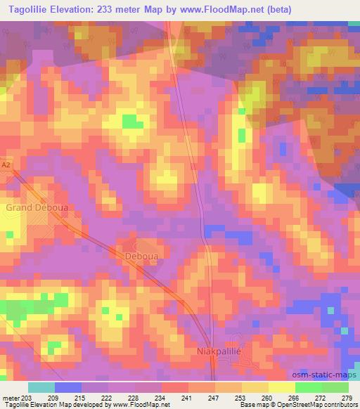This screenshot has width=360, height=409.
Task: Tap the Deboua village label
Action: pos(143,257)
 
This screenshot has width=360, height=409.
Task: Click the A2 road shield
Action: pos(6,164)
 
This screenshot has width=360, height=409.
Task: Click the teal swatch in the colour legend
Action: pos(41,387)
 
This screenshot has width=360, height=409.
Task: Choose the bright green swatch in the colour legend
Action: pos(308,387)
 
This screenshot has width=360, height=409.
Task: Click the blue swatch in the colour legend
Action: pos(68,387)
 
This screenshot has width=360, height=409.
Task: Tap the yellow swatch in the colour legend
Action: pos(281,387)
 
